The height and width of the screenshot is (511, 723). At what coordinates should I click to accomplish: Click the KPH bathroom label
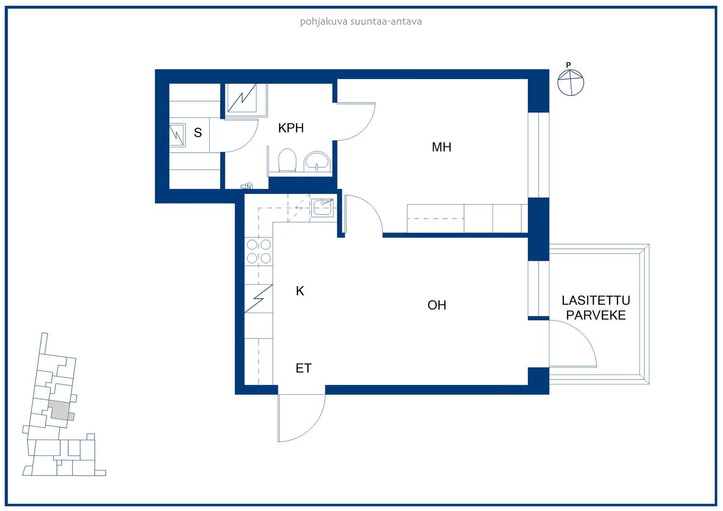(291, 128)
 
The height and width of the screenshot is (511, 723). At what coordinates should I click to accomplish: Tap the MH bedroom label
(441, 147)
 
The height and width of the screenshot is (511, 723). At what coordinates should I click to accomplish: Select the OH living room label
(437, 305)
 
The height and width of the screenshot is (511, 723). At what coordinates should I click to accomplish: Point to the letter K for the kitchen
(300, 291)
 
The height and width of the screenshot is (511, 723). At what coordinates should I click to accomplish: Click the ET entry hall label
(303, 368)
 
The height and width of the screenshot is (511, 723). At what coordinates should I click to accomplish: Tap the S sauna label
(198, 133)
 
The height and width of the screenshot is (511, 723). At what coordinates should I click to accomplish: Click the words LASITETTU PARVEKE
(596, 308)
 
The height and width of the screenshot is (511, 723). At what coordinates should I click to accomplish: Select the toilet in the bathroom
(287, 160)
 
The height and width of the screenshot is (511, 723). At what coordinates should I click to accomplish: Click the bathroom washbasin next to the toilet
(317, 161)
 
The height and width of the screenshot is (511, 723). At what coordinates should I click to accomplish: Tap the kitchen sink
(323, 207)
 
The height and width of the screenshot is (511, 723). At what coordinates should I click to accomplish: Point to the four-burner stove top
(259, 252)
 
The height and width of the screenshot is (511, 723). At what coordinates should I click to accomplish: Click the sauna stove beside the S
(177, 135)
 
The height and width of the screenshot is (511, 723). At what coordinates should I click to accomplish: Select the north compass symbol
(571, 83)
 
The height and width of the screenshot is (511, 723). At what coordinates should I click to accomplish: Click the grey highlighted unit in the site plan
(59, 411)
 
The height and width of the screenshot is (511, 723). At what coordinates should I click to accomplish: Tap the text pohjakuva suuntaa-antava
(361, 22)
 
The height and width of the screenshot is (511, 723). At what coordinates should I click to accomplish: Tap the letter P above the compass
(568, 65)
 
